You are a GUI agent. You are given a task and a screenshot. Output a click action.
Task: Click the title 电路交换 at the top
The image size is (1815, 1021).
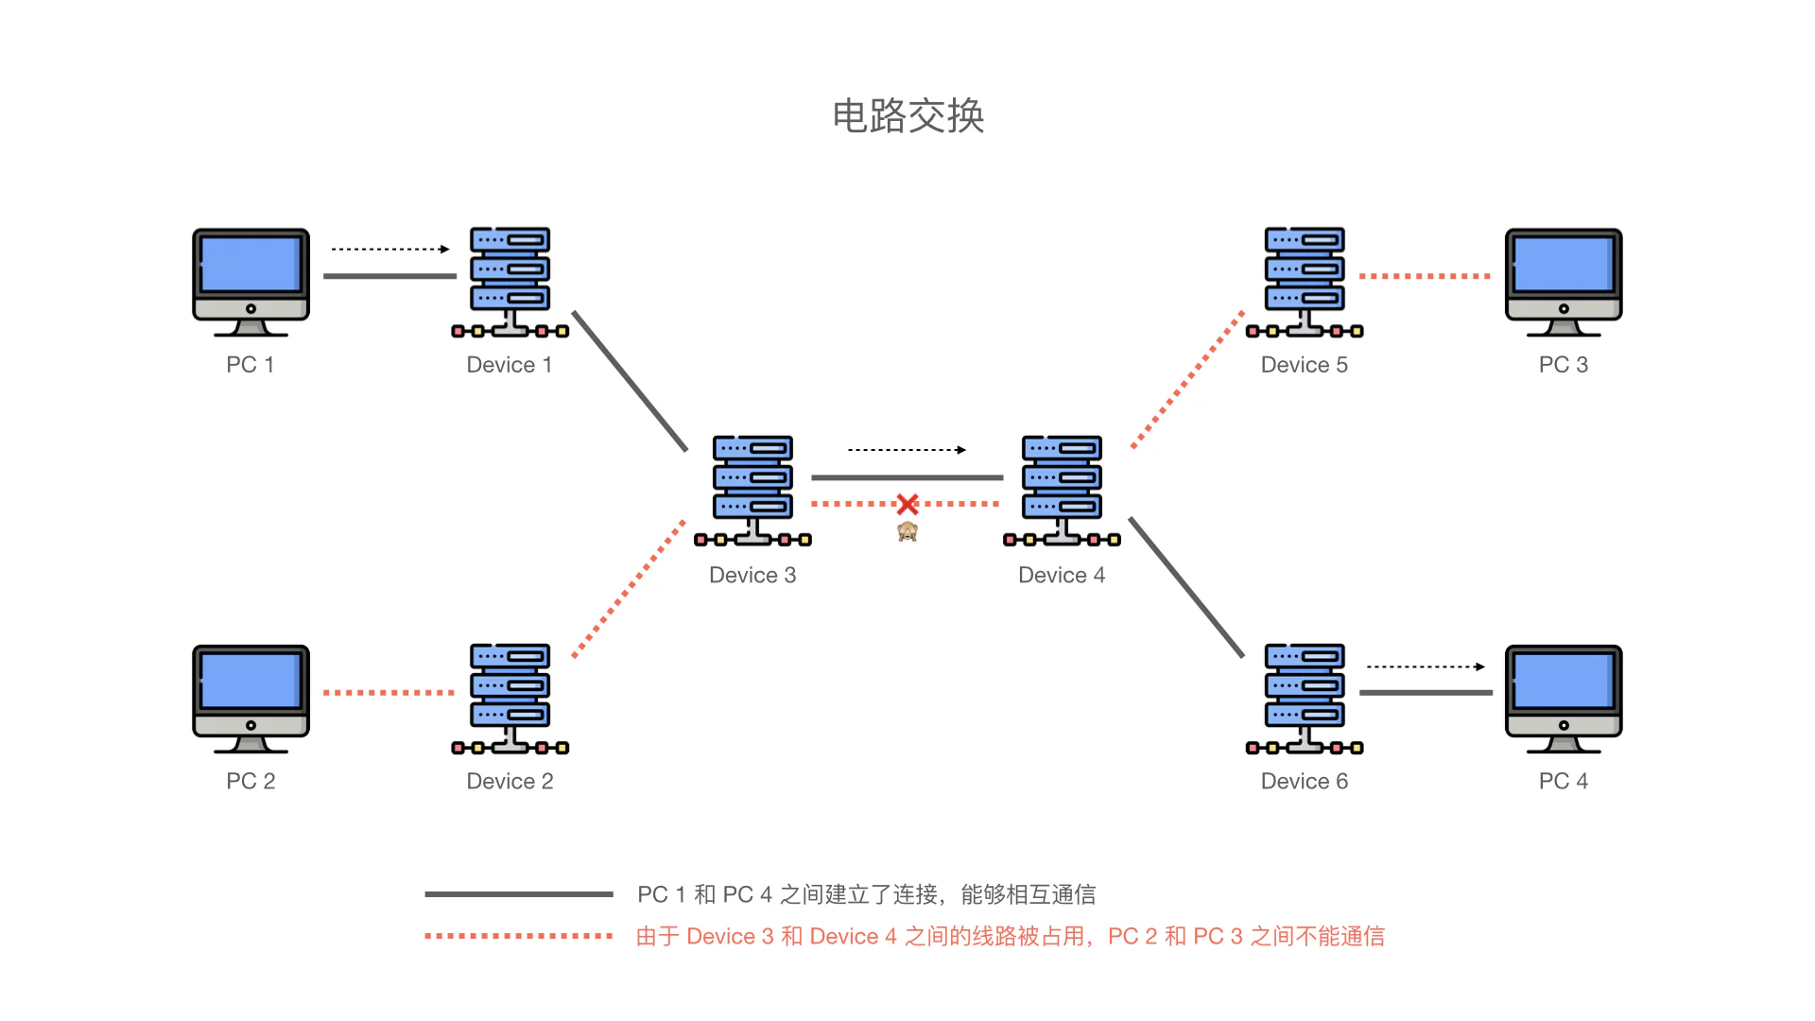coord(907,116)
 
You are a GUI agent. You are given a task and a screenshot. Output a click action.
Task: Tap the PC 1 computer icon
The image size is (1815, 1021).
coord(251,281)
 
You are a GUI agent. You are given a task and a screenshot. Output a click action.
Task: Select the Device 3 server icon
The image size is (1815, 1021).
coord(752,490)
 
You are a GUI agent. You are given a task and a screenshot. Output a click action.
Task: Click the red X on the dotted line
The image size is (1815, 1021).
coord(907,505)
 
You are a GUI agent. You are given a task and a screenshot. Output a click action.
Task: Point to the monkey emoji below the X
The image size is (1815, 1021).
coord(907,531)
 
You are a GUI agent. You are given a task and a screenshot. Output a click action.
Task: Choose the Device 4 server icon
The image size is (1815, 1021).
coord(1062,490)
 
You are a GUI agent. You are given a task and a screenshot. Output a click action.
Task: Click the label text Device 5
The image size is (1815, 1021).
coord(1304,365)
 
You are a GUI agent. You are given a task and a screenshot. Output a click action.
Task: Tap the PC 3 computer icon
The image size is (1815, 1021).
coord(1564,281)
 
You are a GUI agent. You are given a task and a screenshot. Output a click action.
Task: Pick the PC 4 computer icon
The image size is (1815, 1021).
coord(1564,698)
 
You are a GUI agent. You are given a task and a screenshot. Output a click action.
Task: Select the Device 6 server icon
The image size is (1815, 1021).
coord(1305,698)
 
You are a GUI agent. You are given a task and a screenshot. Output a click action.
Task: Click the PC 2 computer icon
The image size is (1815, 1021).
coord(251,698)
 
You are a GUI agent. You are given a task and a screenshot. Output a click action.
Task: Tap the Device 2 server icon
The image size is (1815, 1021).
coord(510,698)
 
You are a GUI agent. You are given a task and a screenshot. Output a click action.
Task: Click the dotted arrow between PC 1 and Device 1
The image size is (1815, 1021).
coord(389,250)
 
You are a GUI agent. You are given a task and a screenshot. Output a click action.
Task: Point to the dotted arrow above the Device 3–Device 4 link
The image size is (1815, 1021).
coord(907,450)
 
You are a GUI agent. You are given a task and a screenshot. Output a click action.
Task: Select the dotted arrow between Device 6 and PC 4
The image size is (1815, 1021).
coord(1426,666)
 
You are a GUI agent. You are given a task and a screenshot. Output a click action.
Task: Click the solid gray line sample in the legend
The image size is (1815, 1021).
coord(518,893)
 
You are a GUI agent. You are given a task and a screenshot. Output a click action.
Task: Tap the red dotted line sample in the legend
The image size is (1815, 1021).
coord(518,936)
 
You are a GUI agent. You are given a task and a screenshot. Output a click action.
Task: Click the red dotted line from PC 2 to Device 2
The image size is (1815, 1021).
coord(389,693)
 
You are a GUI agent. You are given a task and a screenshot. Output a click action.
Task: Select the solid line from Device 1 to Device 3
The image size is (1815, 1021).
coord(630,380)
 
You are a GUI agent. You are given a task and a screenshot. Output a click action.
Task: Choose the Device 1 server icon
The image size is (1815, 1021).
coord(510,281)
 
